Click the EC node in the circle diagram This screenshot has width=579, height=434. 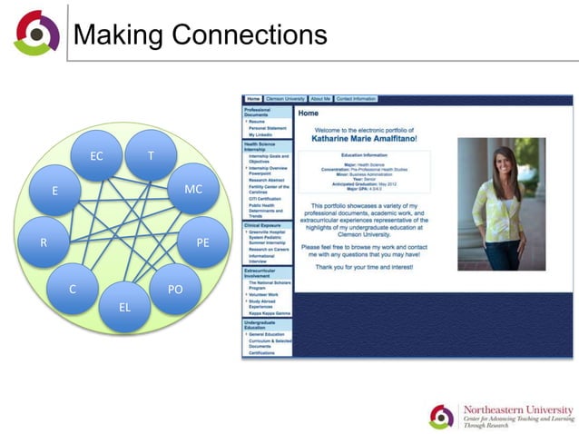coord(97,156)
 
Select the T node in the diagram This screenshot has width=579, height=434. coord(151,156)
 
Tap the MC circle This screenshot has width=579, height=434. coord(193,190)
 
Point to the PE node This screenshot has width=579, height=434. coord(202,242)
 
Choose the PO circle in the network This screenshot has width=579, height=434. coord(175,289)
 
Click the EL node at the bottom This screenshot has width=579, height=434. coord(125,307)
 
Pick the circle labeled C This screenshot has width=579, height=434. coord(73,289)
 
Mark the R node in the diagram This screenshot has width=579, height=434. coord(44,242)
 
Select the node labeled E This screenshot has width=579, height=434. coord(54,191)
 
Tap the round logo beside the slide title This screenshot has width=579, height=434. coord(36,34)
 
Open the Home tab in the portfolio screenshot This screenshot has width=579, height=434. coord(253,98)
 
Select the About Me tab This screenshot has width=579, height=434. coord(319,98)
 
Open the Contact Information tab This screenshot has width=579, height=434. coord(356,98)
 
